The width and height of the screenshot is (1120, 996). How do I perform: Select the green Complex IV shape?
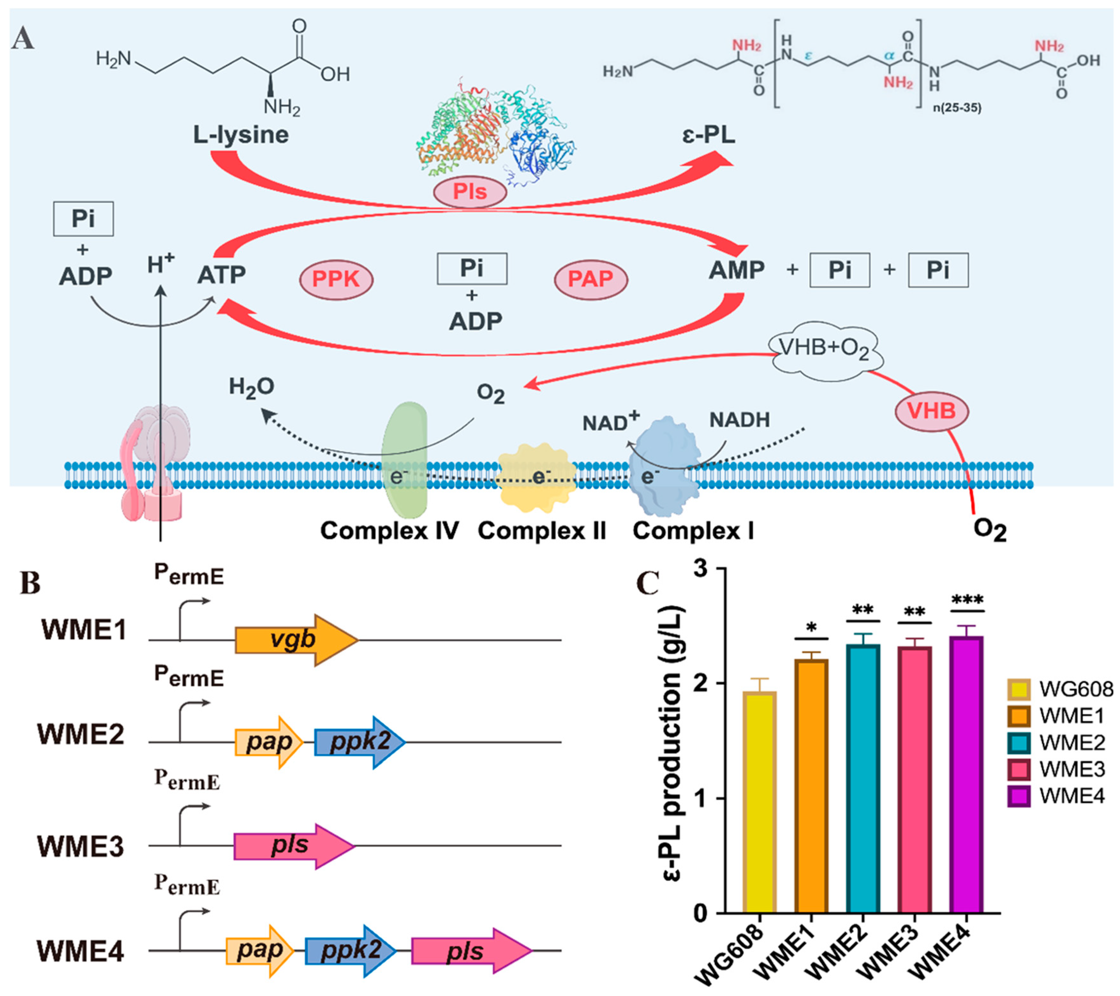[x=404, y=460]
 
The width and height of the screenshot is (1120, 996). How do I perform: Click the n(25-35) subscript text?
[x=957, y=108]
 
